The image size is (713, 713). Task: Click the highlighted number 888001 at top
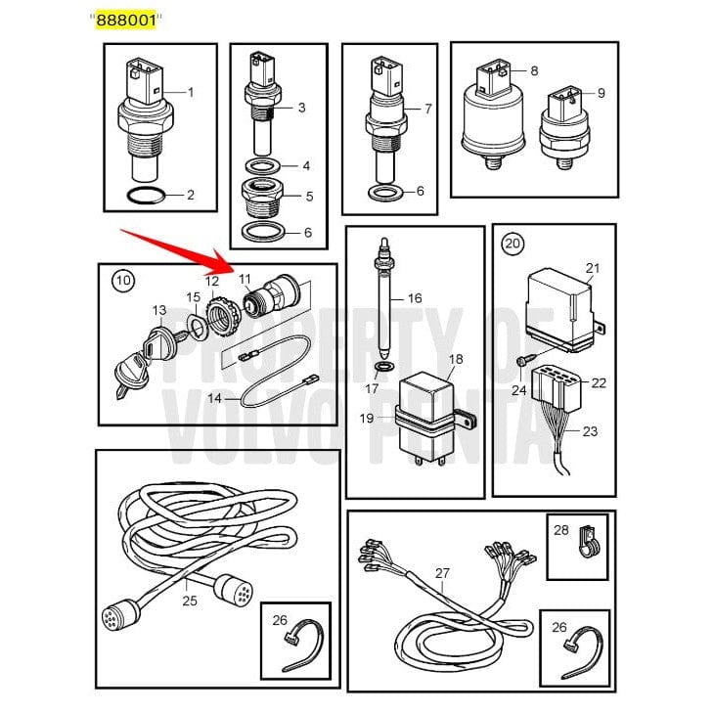(x=124, y=20)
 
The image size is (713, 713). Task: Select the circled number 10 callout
(x=122, y=281)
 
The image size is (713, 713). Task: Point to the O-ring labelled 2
(x=147, y=196)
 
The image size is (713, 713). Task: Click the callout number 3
(x=301, y=108)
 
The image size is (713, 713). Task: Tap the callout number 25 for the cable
(x=190, y=600)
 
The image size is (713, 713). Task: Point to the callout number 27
(x=441, y=574)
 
